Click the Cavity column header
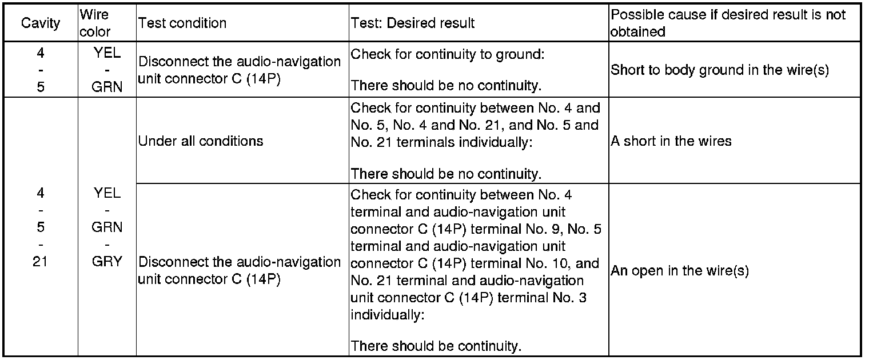point(40,23)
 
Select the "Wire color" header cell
point(95,23)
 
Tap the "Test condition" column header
point(182,23)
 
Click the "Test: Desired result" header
point(412,23)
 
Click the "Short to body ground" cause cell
point(720,70)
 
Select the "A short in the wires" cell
point(671,141)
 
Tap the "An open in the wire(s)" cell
point(680,270)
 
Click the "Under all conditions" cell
point(201,141)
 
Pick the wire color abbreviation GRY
point(107,262)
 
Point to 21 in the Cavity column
point(40,262)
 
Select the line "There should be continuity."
point(436,346)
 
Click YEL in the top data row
point(107,53)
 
